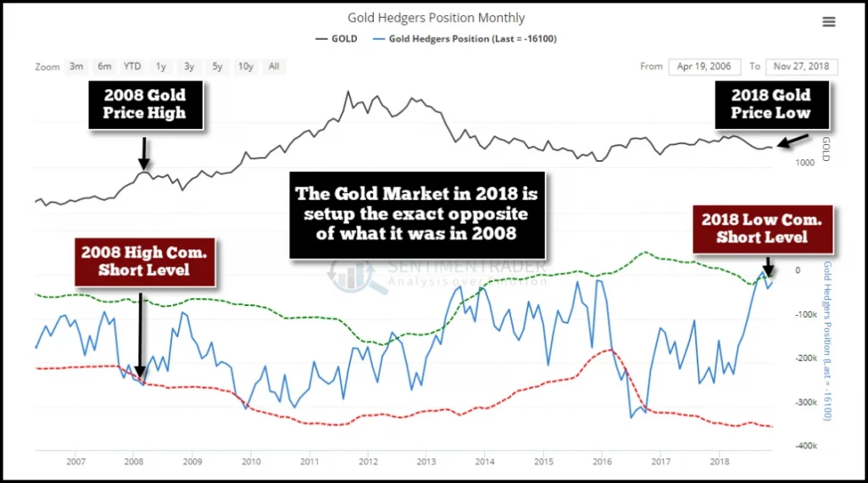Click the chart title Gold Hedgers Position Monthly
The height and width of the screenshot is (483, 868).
[x=436, y=18]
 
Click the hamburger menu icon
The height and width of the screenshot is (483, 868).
[x=828, y=21]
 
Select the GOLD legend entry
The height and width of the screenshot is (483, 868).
[x=336, y=38]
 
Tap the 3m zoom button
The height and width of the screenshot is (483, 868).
[x=76, y=66]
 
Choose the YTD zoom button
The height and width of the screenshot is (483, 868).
[x=132, y=66]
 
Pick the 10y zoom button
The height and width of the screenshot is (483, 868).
[x=245, y=66]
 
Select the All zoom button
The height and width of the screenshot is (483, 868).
[x=274, y=66]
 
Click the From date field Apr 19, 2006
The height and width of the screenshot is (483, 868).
[x=703, y=66]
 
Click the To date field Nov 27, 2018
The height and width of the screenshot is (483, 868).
[x=801, y=66]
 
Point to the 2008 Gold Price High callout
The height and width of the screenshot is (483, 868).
[x=145, y=104]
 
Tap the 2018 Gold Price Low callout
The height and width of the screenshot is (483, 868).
[x=771, y=104]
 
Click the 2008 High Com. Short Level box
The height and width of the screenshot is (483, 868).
[x=144, y=261]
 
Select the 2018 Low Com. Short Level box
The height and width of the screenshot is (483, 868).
[x=761, y=229]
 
